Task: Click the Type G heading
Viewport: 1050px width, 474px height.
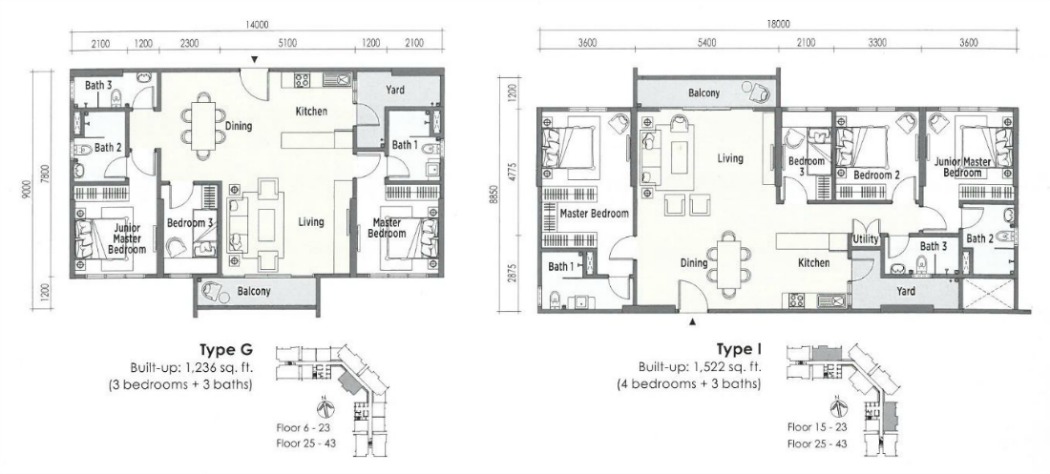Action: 226,351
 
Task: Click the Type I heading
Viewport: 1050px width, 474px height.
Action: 739,351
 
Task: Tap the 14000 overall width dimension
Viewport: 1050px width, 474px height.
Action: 256,26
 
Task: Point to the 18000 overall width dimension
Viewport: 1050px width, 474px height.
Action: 778,25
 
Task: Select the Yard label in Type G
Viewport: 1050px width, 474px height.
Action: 396,90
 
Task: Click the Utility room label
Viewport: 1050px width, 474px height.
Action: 865,239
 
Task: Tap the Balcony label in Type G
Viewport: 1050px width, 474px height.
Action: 253,291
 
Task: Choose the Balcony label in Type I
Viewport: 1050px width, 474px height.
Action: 704,93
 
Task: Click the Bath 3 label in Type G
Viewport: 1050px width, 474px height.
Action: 98,85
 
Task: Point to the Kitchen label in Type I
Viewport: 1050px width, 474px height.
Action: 814,263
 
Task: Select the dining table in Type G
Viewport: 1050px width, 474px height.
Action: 202,126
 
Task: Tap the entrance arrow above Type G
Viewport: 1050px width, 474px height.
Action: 254,60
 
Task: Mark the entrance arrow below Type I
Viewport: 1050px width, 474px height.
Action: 693,322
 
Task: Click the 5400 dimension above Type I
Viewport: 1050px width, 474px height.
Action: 706,43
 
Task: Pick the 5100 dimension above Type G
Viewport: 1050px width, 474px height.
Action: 287,44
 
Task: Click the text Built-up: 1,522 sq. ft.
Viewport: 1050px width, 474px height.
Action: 700,368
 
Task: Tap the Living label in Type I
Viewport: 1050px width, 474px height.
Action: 730,159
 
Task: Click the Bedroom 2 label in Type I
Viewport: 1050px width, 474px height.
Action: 876,175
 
